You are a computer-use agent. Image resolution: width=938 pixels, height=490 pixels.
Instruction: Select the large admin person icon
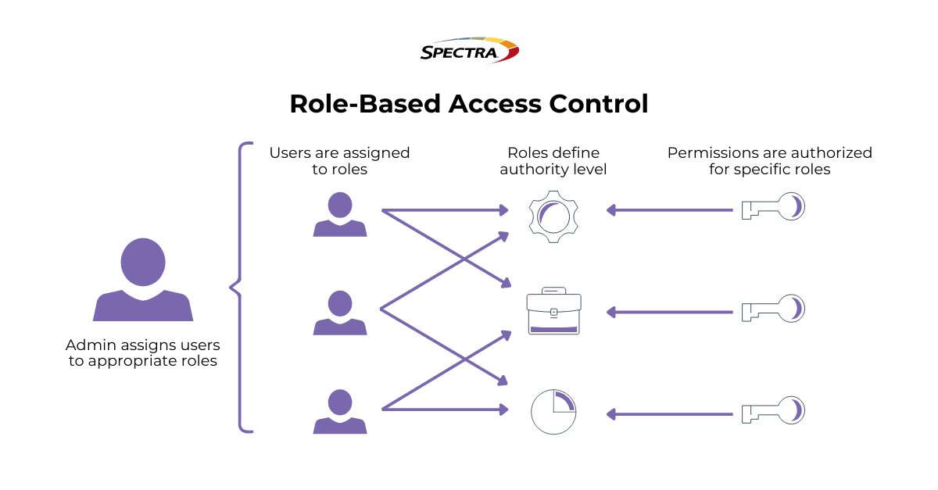tap(143, 279)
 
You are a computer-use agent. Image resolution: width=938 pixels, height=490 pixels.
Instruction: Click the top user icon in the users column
tap(339, 214)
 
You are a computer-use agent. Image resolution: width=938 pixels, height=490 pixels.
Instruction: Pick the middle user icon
tap(339, 313)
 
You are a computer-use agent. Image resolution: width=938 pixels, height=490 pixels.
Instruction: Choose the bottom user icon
tap(339, 411)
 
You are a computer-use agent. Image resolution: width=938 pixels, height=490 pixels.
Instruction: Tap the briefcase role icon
tap(553, 312)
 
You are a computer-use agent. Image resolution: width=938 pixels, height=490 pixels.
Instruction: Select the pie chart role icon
tap(553, 411)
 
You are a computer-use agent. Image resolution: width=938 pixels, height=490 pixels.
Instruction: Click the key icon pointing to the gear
tap(772, 209)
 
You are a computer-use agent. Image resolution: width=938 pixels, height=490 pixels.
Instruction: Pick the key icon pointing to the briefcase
tap(772, 310)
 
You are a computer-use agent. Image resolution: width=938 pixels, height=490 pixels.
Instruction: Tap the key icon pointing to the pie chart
tap(772, 411)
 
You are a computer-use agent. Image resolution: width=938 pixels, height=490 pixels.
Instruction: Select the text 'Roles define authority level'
tap(553, 161)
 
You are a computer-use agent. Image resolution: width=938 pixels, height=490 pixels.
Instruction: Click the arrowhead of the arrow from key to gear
tap(612, 209)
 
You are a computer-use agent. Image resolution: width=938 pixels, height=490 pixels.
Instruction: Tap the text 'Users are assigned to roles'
tap(339, 161)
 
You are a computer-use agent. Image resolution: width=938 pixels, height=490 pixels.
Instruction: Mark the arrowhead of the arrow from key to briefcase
tap(612, 311)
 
